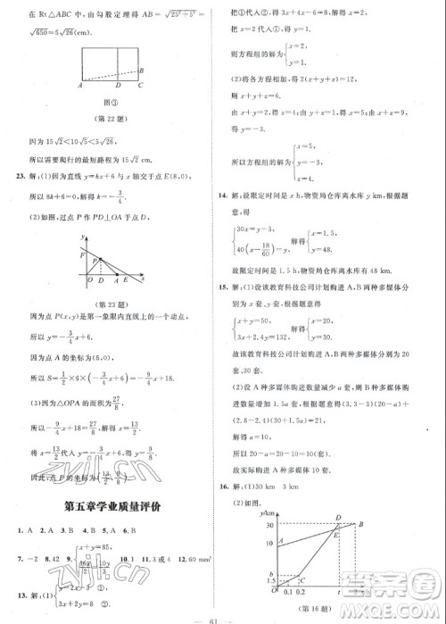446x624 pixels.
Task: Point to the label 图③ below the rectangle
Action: click(111, 101)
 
